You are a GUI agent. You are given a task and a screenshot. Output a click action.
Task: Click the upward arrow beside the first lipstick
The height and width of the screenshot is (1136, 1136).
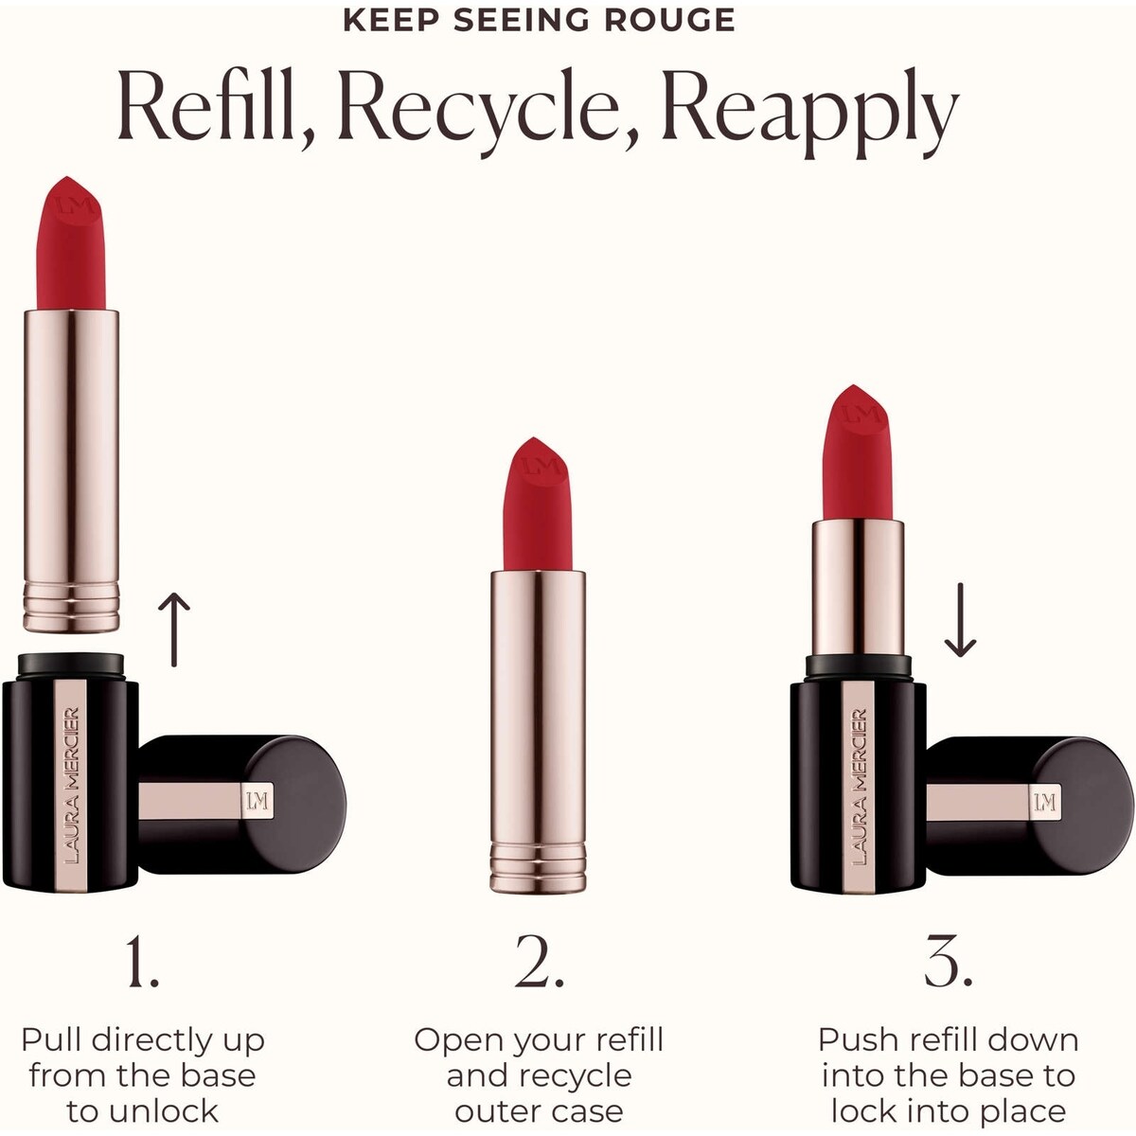coord(174,630)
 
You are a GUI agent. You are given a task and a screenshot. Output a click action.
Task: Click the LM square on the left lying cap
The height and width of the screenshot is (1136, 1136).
coord(257,802)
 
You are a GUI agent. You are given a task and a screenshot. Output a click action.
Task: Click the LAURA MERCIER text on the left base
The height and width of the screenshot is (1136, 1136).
coord(71,786)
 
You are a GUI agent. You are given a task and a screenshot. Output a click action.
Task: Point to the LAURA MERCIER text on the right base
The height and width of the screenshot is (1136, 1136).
coord(860,786)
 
